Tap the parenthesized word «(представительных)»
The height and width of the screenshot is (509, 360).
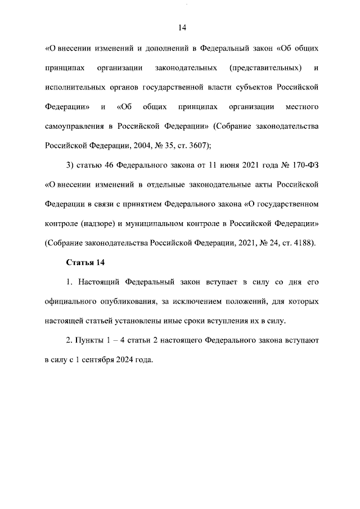[265, 68]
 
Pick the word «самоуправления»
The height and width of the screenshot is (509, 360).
[73, 127]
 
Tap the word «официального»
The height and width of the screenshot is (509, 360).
[72, 301]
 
